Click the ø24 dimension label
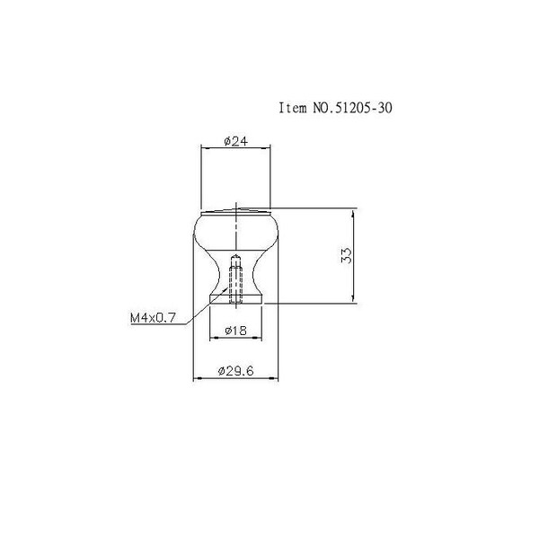[235, 141]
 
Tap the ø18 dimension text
[235, 331]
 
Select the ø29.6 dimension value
[235, 371]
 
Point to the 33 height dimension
[347, 255]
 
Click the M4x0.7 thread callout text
[153, 318]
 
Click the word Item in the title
[293, 108]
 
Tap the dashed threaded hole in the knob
[235, 279]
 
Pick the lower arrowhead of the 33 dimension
[353, 298]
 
